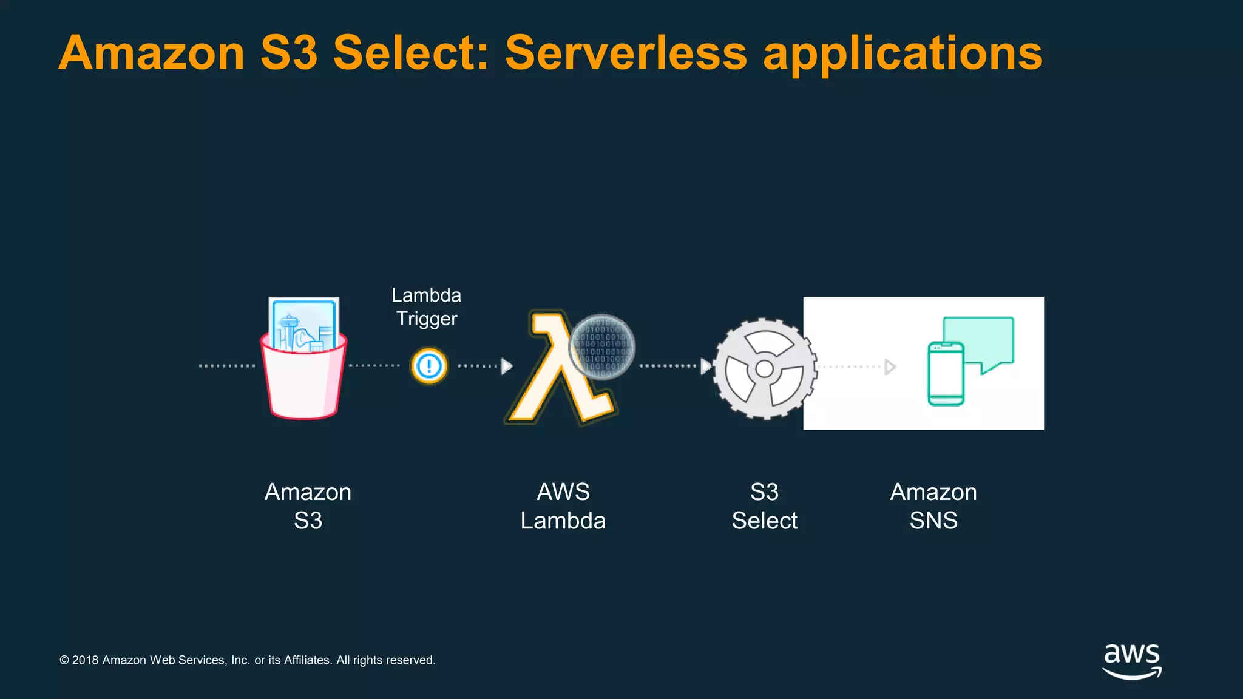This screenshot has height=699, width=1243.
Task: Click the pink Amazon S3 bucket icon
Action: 303,379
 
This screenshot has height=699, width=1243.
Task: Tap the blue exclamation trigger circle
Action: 429,366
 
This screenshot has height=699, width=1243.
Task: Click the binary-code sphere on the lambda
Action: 602,346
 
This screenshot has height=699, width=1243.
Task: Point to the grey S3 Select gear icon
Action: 764,368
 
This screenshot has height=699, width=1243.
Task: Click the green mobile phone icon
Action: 946,374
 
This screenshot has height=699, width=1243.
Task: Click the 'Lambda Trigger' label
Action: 427,307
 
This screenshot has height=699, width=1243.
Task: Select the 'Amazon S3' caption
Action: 308,506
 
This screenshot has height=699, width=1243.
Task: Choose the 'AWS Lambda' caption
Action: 563,506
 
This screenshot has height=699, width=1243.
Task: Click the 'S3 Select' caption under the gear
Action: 764,506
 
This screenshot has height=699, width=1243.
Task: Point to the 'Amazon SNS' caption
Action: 933,506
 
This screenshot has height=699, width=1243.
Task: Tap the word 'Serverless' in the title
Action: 626,53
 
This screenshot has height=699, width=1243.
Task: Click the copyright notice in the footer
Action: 248,660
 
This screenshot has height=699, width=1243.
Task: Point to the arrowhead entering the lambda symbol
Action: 507,366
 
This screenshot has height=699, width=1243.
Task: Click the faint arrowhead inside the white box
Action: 890,366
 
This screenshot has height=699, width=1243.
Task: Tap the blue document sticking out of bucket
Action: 303,322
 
